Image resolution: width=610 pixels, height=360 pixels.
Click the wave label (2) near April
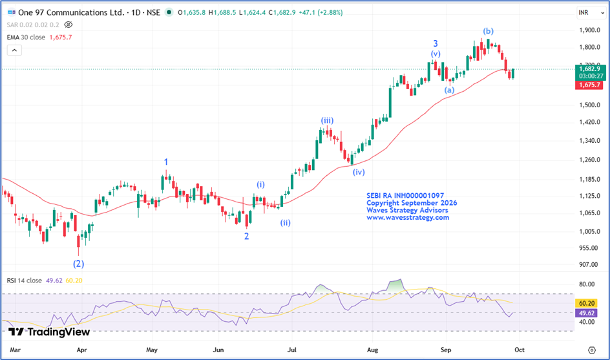point(79,264)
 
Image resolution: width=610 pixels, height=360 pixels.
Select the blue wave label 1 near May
point(166,162)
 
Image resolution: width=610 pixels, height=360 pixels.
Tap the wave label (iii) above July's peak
point(327,121)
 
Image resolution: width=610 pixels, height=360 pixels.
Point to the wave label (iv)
point(359,172)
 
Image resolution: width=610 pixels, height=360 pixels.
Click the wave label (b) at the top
point(489,31)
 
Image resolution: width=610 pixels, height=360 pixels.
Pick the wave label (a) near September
point(449,90)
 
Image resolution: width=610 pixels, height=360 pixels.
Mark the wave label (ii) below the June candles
point(286,222)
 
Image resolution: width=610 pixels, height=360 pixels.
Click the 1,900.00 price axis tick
point(589,30)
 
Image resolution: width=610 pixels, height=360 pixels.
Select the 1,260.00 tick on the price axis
point(589,160)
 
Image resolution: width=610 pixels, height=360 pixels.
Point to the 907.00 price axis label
point(589,264)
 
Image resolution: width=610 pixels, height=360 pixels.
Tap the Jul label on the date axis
point(292,350)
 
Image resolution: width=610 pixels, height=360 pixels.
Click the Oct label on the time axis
point(520,350)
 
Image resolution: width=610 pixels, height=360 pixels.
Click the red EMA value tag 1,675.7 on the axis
point(589,85)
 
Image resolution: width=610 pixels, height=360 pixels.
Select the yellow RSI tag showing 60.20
point(587,303)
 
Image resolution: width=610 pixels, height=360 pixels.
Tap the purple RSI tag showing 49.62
point(587,313)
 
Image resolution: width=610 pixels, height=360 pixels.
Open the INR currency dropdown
point(591,13)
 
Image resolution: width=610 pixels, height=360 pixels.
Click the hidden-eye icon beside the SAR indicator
point(68,25)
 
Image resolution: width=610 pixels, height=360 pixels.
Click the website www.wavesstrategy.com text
point(408,218)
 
